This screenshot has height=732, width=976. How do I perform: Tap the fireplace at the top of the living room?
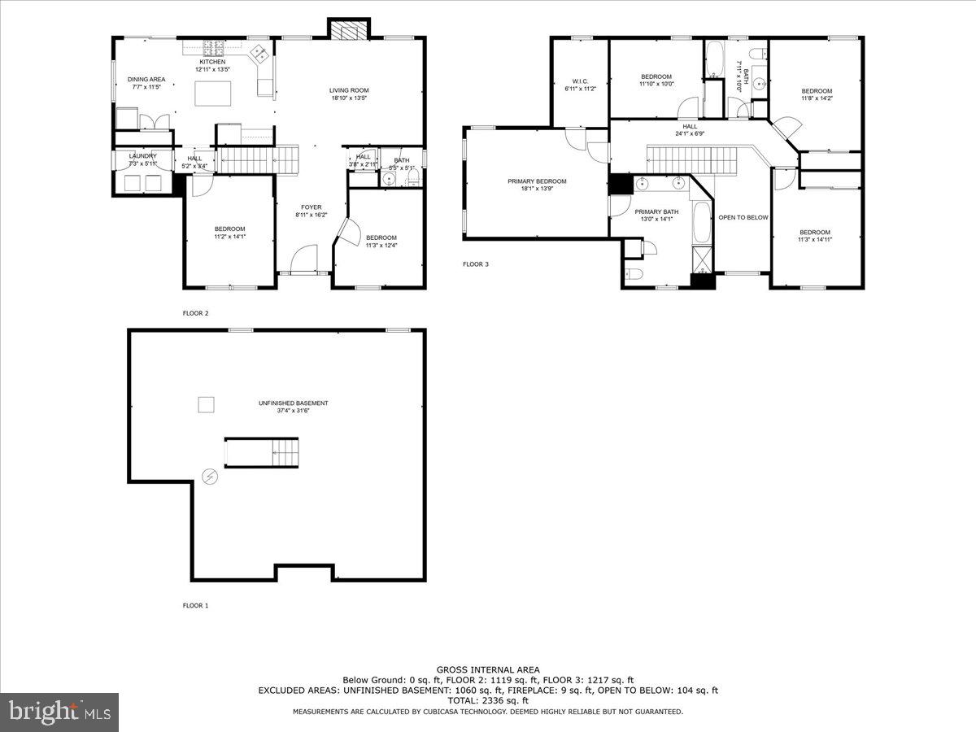point(348,29)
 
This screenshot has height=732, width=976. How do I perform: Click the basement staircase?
point(261,451)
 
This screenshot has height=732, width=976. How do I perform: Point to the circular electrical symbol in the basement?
point(210,477)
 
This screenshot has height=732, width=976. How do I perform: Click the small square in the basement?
point(207,404)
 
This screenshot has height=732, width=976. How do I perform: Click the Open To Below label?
point(743,217)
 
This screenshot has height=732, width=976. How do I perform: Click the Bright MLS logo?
point(59,712)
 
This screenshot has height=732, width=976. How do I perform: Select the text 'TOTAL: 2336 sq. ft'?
point(487,700)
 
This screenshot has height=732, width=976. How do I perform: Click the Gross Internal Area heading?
point(487,669)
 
